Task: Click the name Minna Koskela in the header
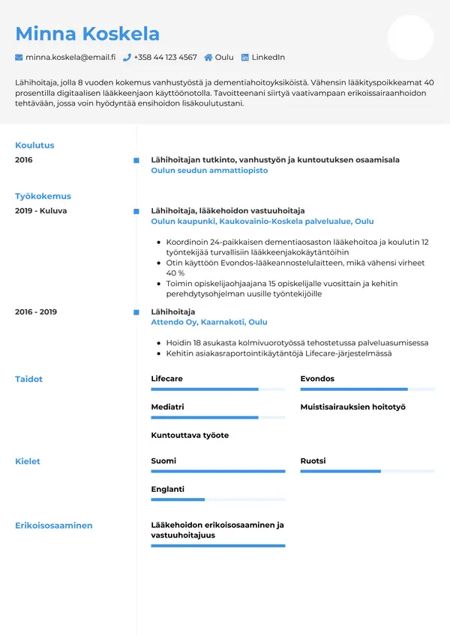coord(87,34)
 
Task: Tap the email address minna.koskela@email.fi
coord(70,58)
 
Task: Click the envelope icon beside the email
coord(19,58)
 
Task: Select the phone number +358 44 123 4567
coord(165,58)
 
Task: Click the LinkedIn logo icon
coord(244,58)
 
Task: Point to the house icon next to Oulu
coord(208,58)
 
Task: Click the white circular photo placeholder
coord(410,37)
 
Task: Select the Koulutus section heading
coord(34,145)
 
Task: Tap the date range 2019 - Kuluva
coord(40,211)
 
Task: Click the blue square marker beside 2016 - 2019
coord(136,312)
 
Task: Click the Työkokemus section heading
coord(43,196)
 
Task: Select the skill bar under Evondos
coord(367,389)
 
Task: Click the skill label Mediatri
coord(167,407)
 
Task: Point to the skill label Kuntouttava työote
coord(190,436)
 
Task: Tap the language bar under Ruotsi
coord(367,471)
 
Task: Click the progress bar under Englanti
coord(217,499)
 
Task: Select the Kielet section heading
coord(28,461)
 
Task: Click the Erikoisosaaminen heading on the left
coord(54,526)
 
